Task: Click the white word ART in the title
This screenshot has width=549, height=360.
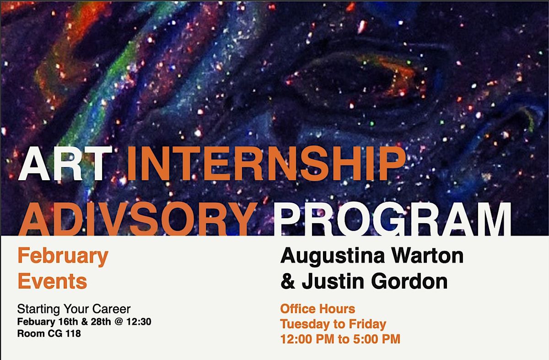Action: pyautogui.click(x=65, y=164)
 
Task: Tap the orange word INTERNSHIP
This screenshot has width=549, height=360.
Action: pyautogui.click(x=267, y=164)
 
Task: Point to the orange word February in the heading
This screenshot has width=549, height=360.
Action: pyautogui.click(x=63, y=257)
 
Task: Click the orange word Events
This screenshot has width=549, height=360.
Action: pyautogui.click(x=53, y=281)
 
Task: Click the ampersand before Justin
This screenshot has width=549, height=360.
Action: pyautogui.click(x=288, y=281)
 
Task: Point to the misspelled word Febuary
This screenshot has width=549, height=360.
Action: pyautogui.click(x=36, y=322)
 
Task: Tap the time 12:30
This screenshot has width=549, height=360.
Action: pyautogui.click(x=139, y=322)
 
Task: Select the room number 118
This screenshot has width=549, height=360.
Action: pyautogui.click(x=73, y=333)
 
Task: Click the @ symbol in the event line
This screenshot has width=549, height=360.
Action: pyautogui.click(x=119, y=322)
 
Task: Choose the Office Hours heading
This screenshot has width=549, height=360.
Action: pyautogui.click(x=318, y=309)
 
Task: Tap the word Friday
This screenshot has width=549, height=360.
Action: pyautogui.click(x=367, y=324)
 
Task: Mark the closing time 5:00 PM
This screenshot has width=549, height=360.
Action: pyautogui.click(x=377, y=339)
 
